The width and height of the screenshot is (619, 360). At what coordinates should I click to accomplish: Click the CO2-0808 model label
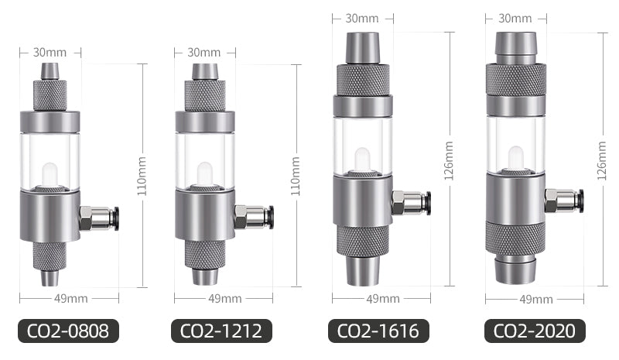click(69, 331)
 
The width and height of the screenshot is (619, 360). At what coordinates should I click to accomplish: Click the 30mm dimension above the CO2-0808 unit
click(50, 53)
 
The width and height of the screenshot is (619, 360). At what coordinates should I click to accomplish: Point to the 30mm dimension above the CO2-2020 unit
click(515, 17)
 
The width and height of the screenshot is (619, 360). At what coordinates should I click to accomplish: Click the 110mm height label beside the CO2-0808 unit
click(142, 177)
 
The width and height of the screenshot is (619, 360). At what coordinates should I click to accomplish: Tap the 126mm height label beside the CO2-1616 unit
click(450, 159)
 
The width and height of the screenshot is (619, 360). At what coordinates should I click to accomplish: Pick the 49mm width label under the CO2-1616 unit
click(382, 298)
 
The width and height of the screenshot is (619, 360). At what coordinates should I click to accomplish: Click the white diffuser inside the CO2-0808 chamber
click(50, 173)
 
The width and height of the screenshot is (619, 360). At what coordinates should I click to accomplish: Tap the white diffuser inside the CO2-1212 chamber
click(204, 173)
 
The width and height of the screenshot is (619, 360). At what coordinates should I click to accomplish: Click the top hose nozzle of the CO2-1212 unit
click(204, 71)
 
